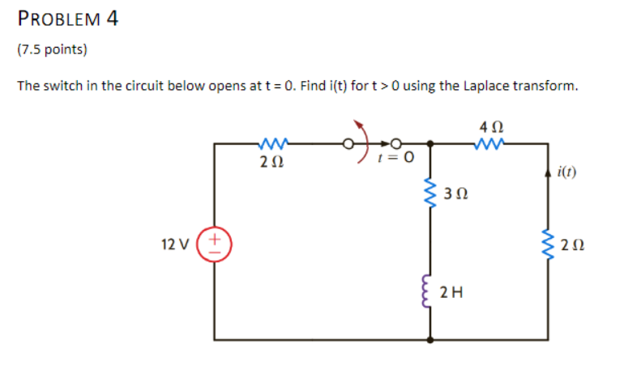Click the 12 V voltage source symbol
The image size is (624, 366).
(x=215, y=241)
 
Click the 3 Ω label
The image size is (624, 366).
(x=456, y=194)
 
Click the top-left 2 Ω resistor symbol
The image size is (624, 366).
(x=271, y=146)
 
